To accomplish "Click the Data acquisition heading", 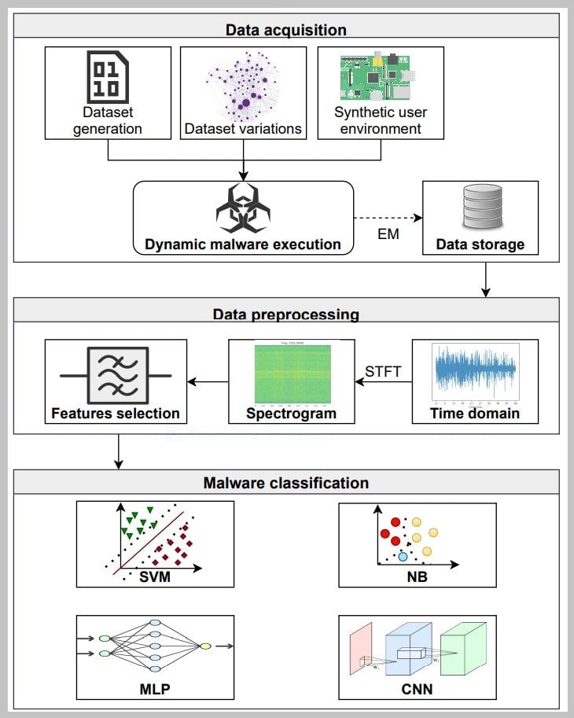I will click(286, 31).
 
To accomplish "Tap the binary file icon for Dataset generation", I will click(108, 77).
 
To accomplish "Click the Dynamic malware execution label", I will click(243, 244).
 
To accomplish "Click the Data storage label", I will click(480, 245).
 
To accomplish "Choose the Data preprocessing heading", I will click(286, 315).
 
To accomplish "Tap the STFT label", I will click(382, 370).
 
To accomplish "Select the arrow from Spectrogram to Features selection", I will click(208, 382).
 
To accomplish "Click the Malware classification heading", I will click(286, 482).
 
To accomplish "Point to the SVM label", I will click(155, 578).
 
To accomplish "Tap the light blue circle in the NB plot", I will click(403, 556).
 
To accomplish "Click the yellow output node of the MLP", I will click(205, 646).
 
